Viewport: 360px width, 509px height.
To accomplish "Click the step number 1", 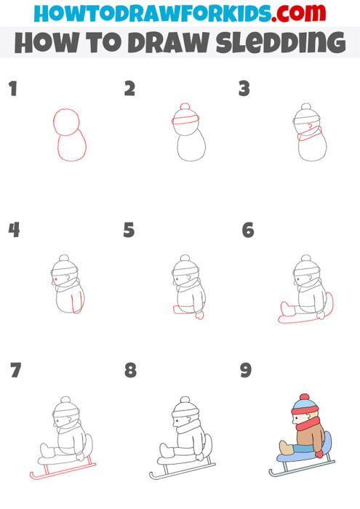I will [12, 89].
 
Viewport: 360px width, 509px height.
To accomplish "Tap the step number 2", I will [129, 89].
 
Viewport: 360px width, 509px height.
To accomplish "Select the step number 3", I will [244, 89].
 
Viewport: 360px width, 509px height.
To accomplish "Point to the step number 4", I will [14, 231].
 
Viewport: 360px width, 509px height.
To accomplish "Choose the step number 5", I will [129, 231].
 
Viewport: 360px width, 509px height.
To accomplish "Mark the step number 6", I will [247, 231].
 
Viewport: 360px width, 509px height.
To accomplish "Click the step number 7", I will [15, 371].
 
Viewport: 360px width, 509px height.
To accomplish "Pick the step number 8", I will [130, 371].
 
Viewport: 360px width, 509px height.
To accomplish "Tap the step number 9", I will [246, 371].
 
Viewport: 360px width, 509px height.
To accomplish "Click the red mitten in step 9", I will [319, 454].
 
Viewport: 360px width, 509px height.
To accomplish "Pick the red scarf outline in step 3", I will [310, 132].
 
